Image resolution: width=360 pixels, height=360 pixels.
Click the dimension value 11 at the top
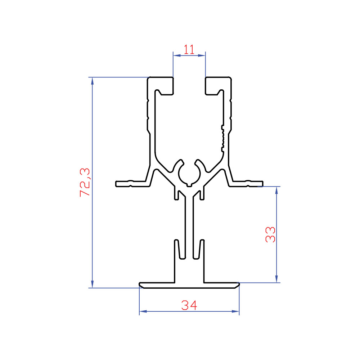click(189, 50)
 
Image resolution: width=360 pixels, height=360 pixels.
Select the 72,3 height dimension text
click(85, 182)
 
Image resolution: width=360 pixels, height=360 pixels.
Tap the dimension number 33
click(270, 234)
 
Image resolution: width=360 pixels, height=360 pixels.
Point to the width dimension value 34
click(189, 305)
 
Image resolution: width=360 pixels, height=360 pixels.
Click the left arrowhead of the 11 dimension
click(176, 55)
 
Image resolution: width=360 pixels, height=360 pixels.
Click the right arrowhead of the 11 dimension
click(202, 55)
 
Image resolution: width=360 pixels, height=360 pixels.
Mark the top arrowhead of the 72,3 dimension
click(92, 81)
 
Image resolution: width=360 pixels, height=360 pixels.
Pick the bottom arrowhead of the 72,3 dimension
click(92, 284)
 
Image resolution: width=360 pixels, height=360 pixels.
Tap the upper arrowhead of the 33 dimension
click(276, 190)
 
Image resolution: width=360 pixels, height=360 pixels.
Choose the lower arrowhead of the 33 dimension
click(276, 279)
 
